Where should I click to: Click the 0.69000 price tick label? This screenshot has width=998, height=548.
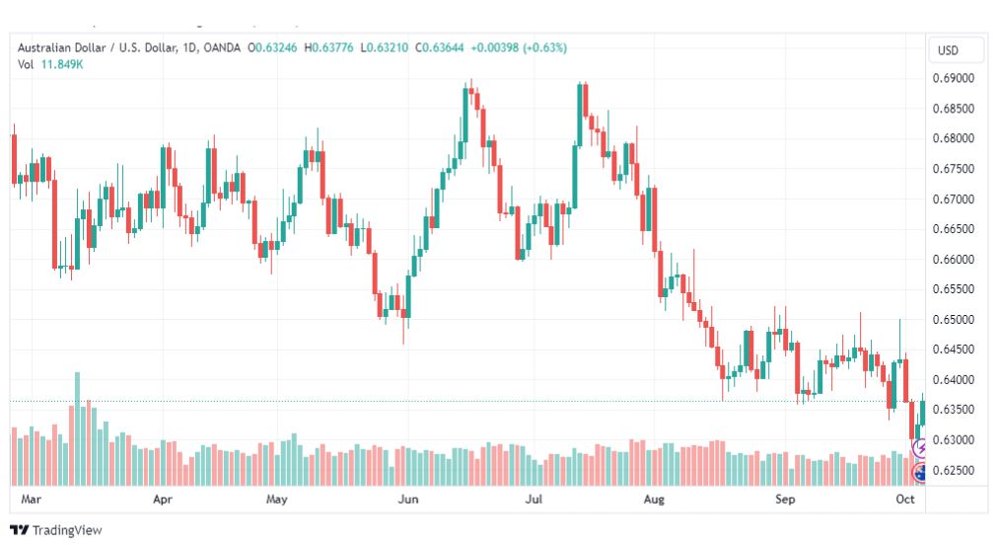coord(954,78)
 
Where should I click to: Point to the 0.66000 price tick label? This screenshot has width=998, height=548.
coord(954,260)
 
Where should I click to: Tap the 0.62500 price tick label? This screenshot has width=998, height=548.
coord(954,470)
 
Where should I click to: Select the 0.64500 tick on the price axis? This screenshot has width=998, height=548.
coord(954,350)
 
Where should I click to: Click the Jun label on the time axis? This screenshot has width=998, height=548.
coord(408,499)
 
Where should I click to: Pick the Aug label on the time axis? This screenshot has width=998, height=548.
coord(654,499)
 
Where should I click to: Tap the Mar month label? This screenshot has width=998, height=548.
coord(32,499)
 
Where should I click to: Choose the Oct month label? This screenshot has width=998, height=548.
coord(905,499)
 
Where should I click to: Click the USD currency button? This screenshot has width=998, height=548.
coord(948,50)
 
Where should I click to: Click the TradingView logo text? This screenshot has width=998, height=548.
coord(67,530)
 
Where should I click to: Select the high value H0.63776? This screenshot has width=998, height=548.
coord(328,47)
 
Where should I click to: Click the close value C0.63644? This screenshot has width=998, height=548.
coord(439,47)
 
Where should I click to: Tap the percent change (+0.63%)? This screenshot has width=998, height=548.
coord(544,47)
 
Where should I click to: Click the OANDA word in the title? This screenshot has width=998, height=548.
coord(222,47)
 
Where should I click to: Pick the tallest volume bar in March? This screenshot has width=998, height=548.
coord(78,429)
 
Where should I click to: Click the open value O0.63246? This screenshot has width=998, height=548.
coord(272,47)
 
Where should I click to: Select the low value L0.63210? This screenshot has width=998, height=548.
coord(385,47)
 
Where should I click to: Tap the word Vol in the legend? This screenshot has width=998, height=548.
coord(26,64)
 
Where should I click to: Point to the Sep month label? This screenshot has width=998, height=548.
coord(785,499)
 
